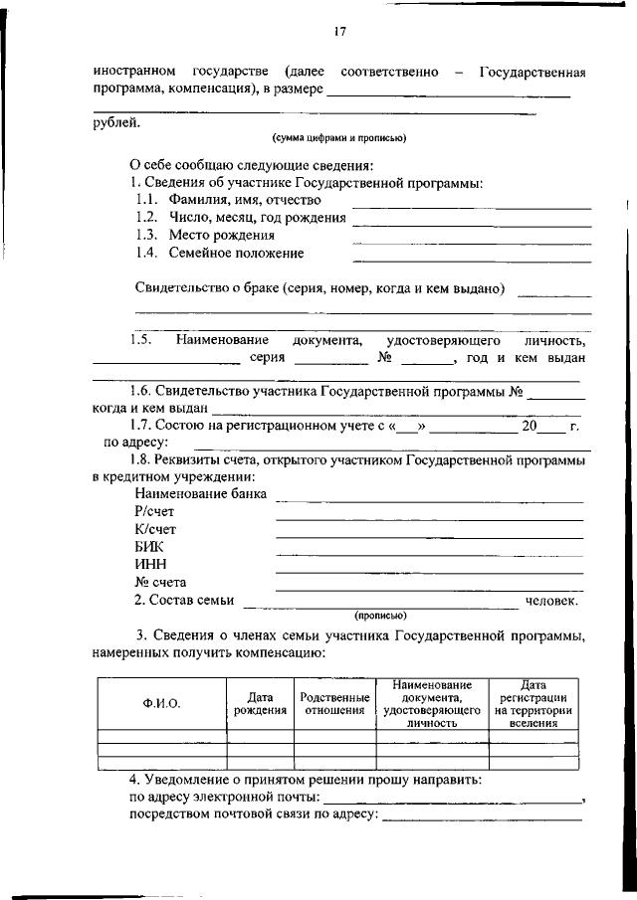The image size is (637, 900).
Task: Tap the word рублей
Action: pyautogui.click(x=116, y=123)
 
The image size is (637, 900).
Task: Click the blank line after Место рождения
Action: pyautogui.click(x=471, y=242)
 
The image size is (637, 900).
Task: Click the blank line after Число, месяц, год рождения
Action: pyautogui.click(x=471, y=224)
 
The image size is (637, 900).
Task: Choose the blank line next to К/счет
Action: pyautogui.click(x=428, y=536)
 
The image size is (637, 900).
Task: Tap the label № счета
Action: pyautogui.click(x=160, y=582)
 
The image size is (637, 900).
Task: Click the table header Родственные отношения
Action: pyautogui.click(x=334, y=703)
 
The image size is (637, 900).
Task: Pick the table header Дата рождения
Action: pyautogui.click(x=260, y=703)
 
